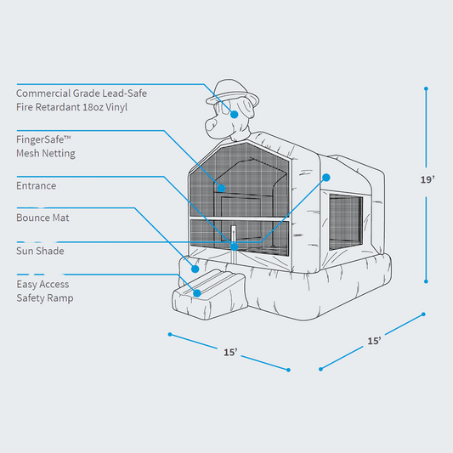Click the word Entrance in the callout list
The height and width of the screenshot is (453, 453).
tap(36, 185)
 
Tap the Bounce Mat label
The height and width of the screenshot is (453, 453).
tap(42, 218)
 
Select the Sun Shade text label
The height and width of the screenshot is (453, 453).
tap(40, 252)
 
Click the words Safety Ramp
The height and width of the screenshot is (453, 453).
tap(44, 298)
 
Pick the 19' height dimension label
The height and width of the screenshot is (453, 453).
tap(428, 179)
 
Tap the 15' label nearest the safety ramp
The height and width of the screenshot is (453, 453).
tap(230, 352)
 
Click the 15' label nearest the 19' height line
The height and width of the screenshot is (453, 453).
tap(374, 341)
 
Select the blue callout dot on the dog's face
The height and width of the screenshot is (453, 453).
tap(235, 112)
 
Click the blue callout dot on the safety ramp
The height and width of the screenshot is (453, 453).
tap(197, 292)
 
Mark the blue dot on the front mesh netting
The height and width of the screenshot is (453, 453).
tap(220, 188)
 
